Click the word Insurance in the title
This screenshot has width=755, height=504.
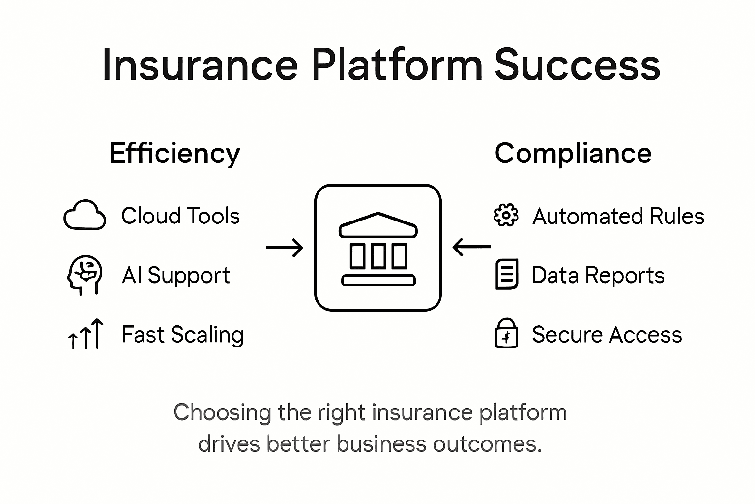pyautogui.click(x=200, y=64)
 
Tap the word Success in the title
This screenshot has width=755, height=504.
pyautogui.click(x=577, y=64)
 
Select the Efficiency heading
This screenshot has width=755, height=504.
pyautogui.click(x=174, y=154)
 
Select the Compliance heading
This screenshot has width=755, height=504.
pyautogui.click(x=573, y=153)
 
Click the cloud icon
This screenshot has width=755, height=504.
pyautogui.click(x=85, y=216)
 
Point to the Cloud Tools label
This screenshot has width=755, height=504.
pyautogui.click(x=180, y=216)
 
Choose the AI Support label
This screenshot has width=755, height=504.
pyautogui.click(x=175, y=275)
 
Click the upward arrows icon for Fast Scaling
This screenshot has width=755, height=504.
pyautogui.click(x=86, y=334)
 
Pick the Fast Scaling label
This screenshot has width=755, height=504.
pyautogui.click(x=182, y=335)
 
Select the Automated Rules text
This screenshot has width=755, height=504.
pyautogui.click(x=618, y=216)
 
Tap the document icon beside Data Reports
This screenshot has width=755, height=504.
pyautogui.click(x=506, y=274)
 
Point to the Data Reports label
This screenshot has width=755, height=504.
pyautogui.click(x=598, y=275)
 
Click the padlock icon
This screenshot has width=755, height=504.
pyautogui.click(x=506, y=334)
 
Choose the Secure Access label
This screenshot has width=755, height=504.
pyautogui.click(x=607, y=335)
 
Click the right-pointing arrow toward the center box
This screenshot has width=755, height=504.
pyautogui.click(x=285, y=248)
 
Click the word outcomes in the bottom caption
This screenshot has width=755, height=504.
pyautogui.click(x=487, y=444)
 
